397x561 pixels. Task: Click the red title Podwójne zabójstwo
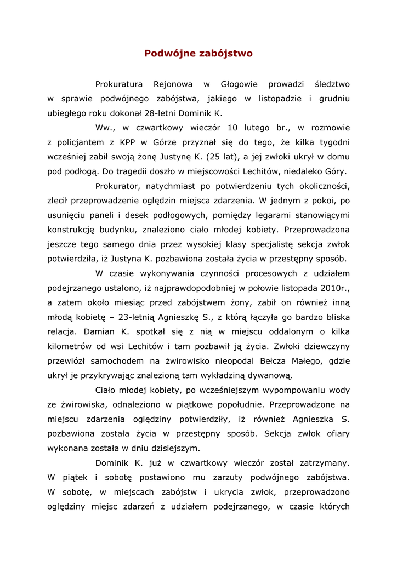(198, 54)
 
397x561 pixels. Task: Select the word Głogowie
(239, 84)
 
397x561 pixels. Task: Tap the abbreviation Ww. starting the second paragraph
(104, 128)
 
